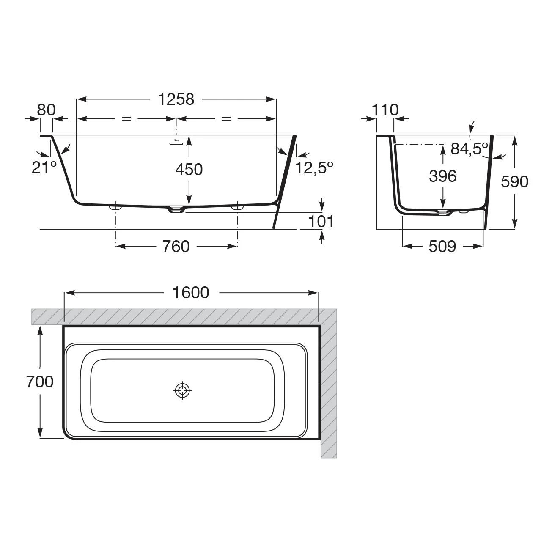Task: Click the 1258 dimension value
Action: (176, 99)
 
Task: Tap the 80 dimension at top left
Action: (46, 110)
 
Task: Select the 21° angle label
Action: (44, 168)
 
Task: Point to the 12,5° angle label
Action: (314, 168)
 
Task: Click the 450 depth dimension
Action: (189, 170)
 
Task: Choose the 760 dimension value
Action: (176, 247)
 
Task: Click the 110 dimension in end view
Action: (385, 110)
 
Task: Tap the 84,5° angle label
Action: (469, 148)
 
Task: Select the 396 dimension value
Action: (442, 176)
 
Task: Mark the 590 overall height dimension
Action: (514, 182)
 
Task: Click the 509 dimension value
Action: (442, 247)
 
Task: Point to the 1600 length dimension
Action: (191, 293)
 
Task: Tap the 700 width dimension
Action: (40, 382)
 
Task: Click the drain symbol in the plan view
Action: (183, 390)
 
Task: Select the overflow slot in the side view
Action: (176, 143)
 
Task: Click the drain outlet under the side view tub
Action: (176, 210)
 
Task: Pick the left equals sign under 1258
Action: (126, 119)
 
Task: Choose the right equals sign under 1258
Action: (226, 119)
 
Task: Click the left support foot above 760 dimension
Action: (115, 207)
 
